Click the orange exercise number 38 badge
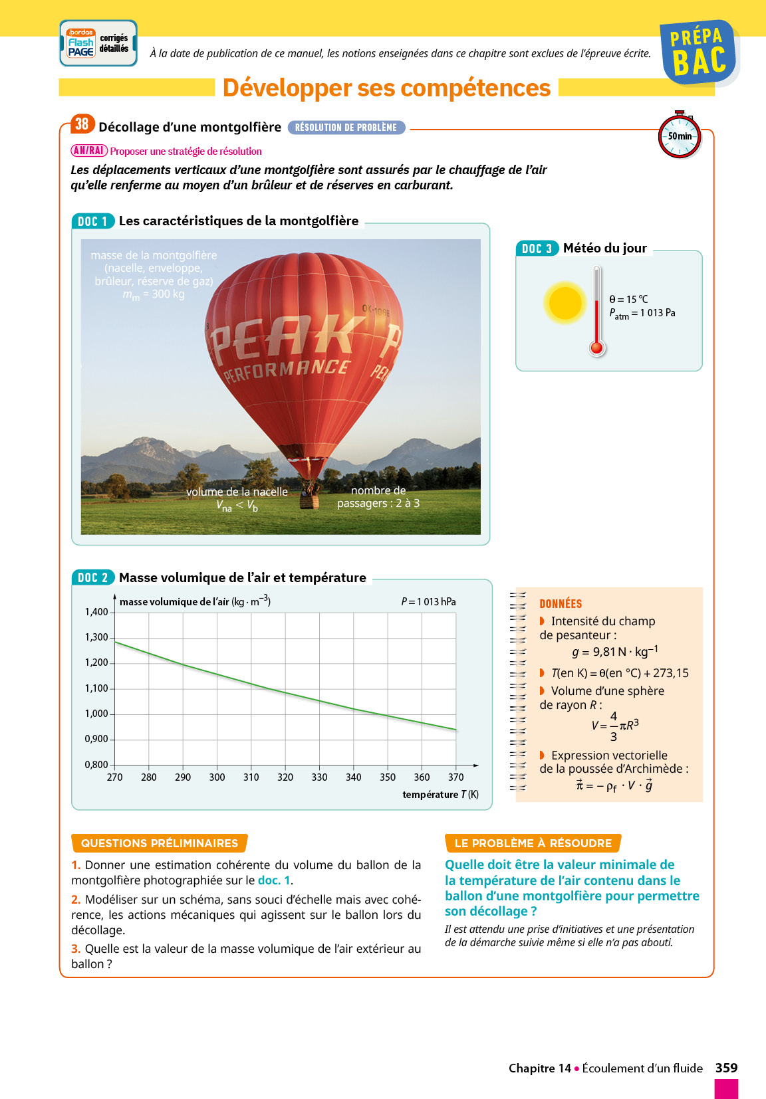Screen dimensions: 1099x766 (82, 124)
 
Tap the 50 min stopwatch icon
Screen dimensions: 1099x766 (680, 136)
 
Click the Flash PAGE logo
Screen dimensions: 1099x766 (81, 44)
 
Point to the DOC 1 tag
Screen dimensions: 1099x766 (92, 221)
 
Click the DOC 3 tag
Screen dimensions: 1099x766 (537, 249)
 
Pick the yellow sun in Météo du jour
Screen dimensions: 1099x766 (565, 303)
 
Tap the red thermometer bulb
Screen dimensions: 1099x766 (597, 348)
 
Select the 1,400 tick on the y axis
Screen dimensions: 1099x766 (96, 612)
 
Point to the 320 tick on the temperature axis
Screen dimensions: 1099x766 (285, 777)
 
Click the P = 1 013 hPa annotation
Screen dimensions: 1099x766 (428, 601)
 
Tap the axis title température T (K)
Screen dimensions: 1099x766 (440, 795)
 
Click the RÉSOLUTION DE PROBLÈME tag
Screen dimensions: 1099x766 (346, 128)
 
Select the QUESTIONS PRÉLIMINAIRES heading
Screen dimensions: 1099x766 (160, 843)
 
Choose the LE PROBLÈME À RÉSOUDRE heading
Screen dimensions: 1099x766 (533, 843)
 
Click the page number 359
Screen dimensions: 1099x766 (726, 1068)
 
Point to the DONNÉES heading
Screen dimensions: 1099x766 (561, 604)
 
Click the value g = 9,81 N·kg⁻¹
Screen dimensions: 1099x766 (614, 652)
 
